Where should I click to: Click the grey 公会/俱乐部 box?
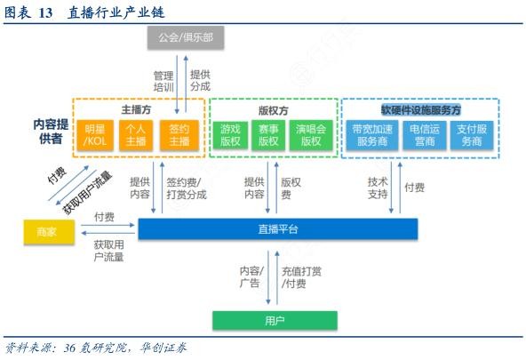pos(186,37)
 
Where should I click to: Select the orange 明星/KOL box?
pos(95,135)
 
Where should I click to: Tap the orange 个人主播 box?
pos(136,135)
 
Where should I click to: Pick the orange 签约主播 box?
pos(179,135)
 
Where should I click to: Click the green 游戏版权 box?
pos(230,135)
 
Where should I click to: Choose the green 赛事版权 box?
pos(268,135)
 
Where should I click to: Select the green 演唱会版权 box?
pos(311,135)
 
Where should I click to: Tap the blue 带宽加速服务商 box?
pos(372,135)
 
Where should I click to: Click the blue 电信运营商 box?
pos(425,135)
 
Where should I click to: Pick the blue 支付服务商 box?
pos(472,135)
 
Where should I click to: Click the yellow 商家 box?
pos(49,231)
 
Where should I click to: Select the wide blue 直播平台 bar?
pos(278,228)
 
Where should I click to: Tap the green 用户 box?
pos(275,321)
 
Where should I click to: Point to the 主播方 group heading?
pos(136,109)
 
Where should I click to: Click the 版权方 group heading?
pos(274,110)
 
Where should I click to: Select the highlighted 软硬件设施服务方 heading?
pos(421,109)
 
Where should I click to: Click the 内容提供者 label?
pos(51,132)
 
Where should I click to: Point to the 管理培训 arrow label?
pos(163,81)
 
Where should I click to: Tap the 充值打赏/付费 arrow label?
pos(301,277)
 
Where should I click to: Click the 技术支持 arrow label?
pos(378,188)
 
